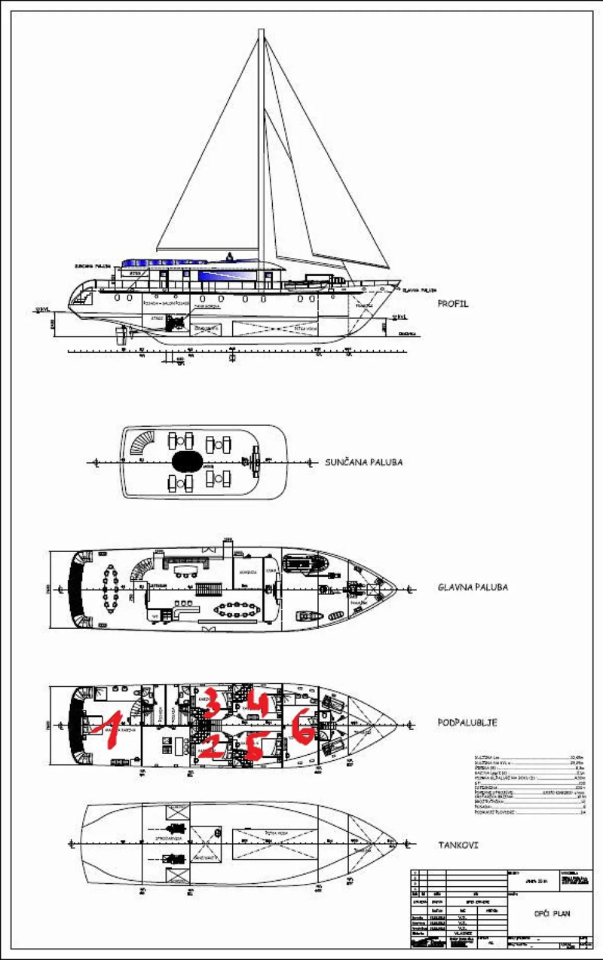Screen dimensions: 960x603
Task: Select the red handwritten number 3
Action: coord(212,701)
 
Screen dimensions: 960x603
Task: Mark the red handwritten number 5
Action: coord(255,745)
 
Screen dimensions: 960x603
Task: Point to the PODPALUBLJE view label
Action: coord(467,722)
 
